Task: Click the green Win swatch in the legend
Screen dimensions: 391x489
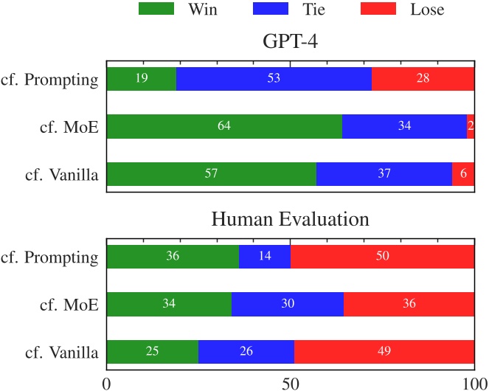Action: click(157, 10)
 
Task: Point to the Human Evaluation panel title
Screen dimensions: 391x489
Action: click(290, 219)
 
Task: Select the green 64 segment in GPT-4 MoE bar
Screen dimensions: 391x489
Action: click(224, 126)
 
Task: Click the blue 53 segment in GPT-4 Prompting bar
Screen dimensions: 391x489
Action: click(274, 79)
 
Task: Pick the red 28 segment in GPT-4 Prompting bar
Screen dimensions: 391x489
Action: click(423, 79)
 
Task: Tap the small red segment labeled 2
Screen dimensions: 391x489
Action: click(471, 126)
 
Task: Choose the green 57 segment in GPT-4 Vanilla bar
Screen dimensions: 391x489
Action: click(211, 174)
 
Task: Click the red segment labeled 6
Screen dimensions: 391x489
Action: click(463, 174)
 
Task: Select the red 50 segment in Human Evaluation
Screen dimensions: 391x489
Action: click(382, 257)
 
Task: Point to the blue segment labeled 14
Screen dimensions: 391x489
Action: click(265, 257)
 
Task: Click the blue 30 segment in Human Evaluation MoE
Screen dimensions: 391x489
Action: click(288, 304)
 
